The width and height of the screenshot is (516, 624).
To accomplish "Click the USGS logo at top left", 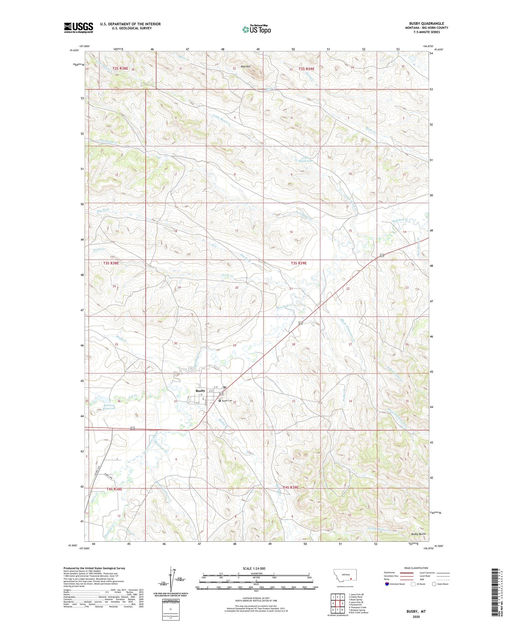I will pyautogui.click(x=78, y=28).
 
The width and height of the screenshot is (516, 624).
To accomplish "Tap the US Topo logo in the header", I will pyautogui.click(x=256, y=29).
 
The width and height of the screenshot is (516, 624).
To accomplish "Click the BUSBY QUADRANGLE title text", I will pyautogui.click(x=426, y=23).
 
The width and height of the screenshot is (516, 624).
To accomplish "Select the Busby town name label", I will pyautogui.click(x=200, y=390).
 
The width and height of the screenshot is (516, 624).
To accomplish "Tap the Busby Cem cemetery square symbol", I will pyautogui.click(x=219, y=401).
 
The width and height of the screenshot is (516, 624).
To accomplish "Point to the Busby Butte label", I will pyautogui.click(x=418, y=534).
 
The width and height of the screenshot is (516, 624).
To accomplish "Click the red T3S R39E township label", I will pyautogui.click(x=298, y=263).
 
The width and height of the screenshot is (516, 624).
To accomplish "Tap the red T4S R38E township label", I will pyautogui.click(x=114, y=489).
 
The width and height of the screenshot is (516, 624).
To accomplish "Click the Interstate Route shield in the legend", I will pyautogui.click(x=387, y=584).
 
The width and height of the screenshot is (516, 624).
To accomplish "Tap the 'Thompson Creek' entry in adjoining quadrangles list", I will pyautogui.click(x=358, y=607).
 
